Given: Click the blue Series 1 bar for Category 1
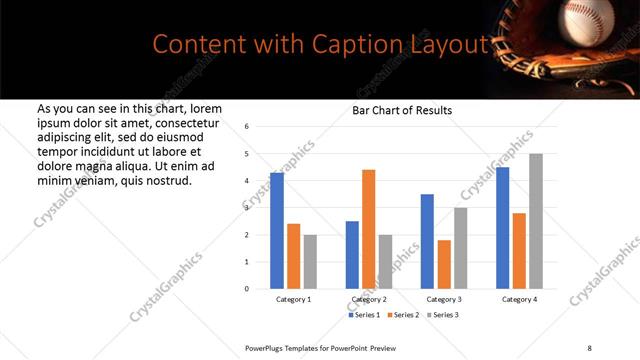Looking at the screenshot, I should pos(277,231).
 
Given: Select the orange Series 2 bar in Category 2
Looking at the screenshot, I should pos(368,229).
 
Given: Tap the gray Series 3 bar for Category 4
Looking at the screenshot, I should pos(535,221).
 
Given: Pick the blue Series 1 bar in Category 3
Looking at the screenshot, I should pos(427,241).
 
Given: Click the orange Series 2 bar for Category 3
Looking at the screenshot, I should pos(444,264).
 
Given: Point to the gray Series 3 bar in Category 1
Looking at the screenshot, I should pos(310,262).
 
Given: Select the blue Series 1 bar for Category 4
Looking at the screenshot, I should pos(502,228).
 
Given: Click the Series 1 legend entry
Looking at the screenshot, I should pos(365,315).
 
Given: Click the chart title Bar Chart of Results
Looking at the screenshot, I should pos(402,110).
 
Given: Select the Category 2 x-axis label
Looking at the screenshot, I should pos(368,300).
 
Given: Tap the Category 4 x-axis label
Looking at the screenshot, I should pos(519,300).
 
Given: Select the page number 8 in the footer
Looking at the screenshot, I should pos(588,347).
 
